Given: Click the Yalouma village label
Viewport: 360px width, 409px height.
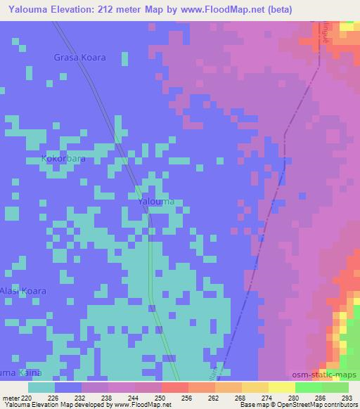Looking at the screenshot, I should pyautogui.click(x=155, y=202).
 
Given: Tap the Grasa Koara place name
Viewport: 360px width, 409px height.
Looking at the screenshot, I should pyautogui.click(x=80, y=58).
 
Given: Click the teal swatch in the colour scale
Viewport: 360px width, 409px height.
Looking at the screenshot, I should pyautogui.click(x=41, y=387).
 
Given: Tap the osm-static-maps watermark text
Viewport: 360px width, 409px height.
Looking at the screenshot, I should pyautogui.click(x=330, y=375).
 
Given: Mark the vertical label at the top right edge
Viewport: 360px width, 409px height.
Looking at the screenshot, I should pyautogui.click(x=327, y=35).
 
